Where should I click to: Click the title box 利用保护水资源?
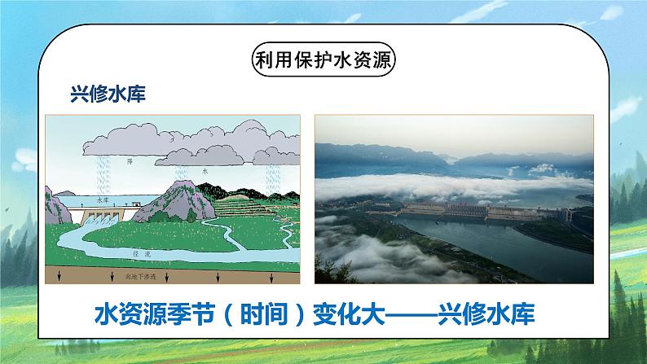[323, 62]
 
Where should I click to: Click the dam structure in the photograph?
[481, 213]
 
